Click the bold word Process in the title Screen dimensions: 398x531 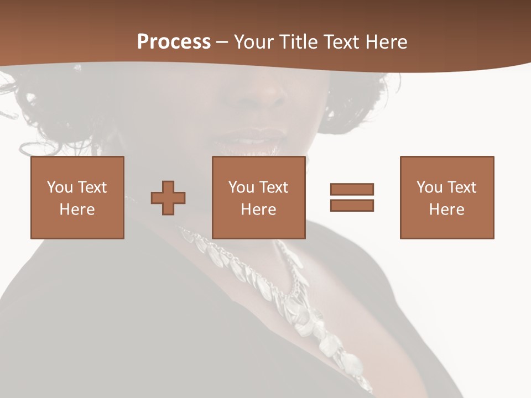click(x=174, y=42)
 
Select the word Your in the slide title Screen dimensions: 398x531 click(x=254, y=42)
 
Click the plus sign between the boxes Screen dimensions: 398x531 click(x=168, y=198)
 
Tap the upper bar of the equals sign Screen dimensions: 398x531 click(x=352, y=189)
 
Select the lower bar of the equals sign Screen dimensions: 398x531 click(x=352, y=205)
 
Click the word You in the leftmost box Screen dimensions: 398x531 click(x=60, y=187)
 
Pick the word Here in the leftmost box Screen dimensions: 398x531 click(x=77, y=210)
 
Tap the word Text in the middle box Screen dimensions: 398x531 click(x=274, y=187)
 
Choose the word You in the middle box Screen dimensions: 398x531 click(x=241, y=187)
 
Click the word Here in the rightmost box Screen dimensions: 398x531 click(x=446, y=210)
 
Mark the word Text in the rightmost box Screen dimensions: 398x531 click(x=462, y=187)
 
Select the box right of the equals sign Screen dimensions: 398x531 click(x=447, y=197)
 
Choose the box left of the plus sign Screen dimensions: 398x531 click(x=77, y=197)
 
